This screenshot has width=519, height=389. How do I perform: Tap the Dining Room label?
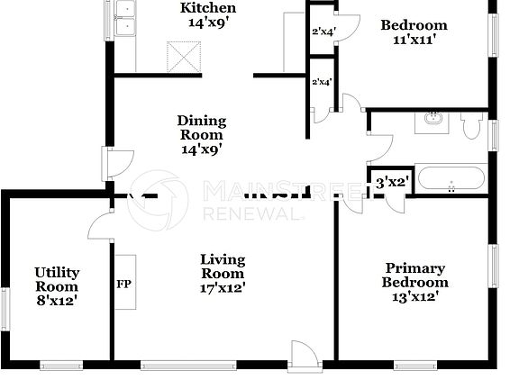[201, 135]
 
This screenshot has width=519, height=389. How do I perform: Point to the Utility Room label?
[57, 286]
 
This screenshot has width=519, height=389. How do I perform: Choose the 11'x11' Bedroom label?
[414, 32]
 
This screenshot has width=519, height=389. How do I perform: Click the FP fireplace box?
[124, 283]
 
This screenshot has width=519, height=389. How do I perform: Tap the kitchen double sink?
[128, 19]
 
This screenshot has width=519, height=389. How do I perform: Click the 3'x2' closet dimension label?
[393, 182]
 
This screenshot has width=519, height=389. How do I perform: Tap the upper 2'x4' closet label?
[322, 32]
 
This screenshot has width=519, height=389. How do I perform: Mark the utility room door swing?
[100, 227]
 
